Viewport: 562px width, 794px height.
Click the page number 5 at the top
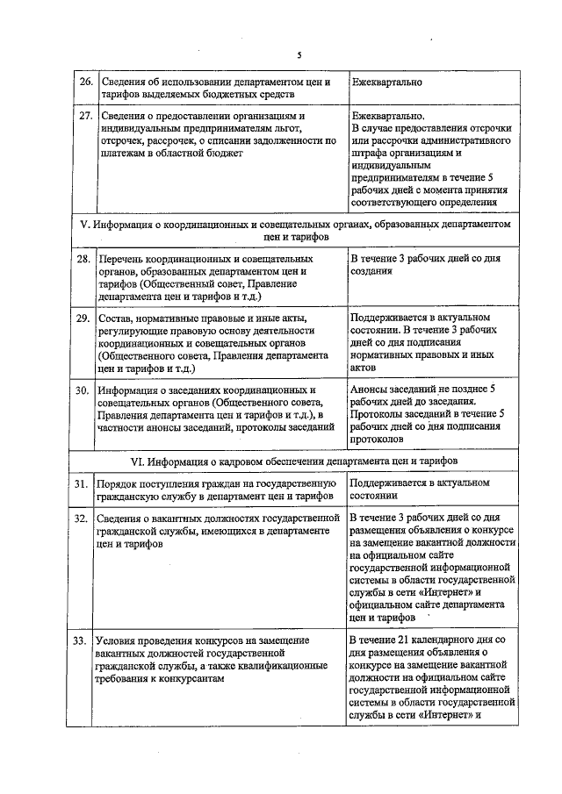pos(299,55)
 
